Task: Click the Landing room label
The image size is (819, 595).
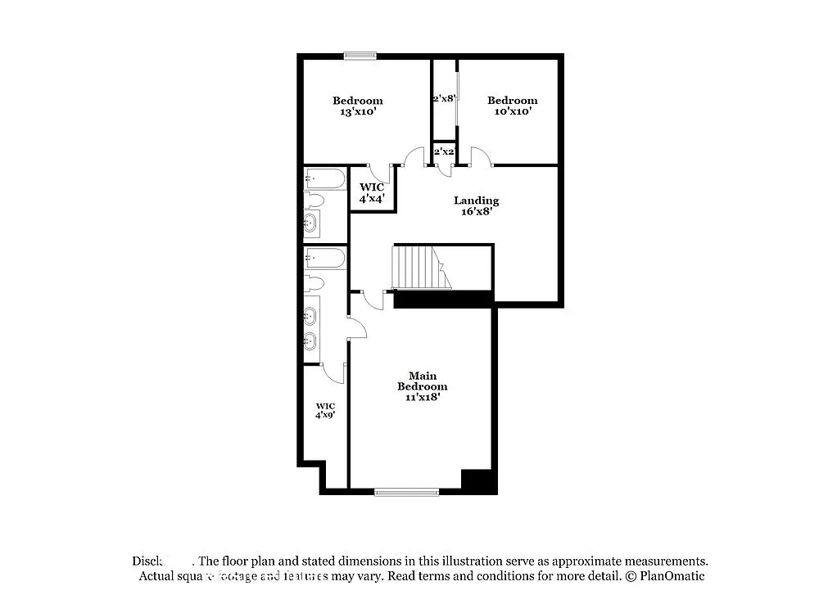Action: coord(476,201)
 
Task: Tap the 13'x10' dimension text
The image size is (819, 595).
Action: coord(357,112)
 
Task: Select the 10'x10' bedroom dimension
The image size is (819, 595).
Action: coord(512,112)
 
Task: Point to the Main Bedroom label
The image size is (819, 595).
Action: coord(422,381)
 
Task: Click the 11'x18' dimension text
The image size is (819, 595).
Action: coord(422,397)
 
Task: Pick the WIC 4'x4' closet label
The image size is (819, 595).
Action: coord(371,192)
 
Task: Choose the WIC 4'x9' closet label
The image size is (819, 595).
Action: coord(325,410)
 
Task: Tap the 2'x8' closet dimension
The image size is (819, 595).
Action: coord(444,99)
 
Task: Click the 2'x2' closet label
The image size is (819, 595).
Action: coord(444,151)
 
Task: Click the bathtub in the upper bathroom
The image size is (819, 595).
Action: coord(325,178)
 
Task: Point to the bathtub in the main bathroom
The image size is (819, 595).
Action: coord(325,259)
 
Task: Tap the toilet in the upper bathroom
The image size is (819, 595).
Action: coord(315,201)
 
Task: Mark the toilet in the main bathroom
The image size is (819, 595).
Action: coord(314,283)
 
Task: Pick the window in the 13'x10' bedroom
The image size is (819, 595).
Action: coord(360,56)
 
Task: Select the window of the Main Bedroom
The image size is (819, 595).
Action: coord(406,492)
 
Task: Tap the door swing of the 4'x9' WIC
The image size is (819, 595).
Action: coord(334,373)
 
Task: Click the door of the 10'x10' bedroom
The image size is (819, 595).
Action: coord(482,158)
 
